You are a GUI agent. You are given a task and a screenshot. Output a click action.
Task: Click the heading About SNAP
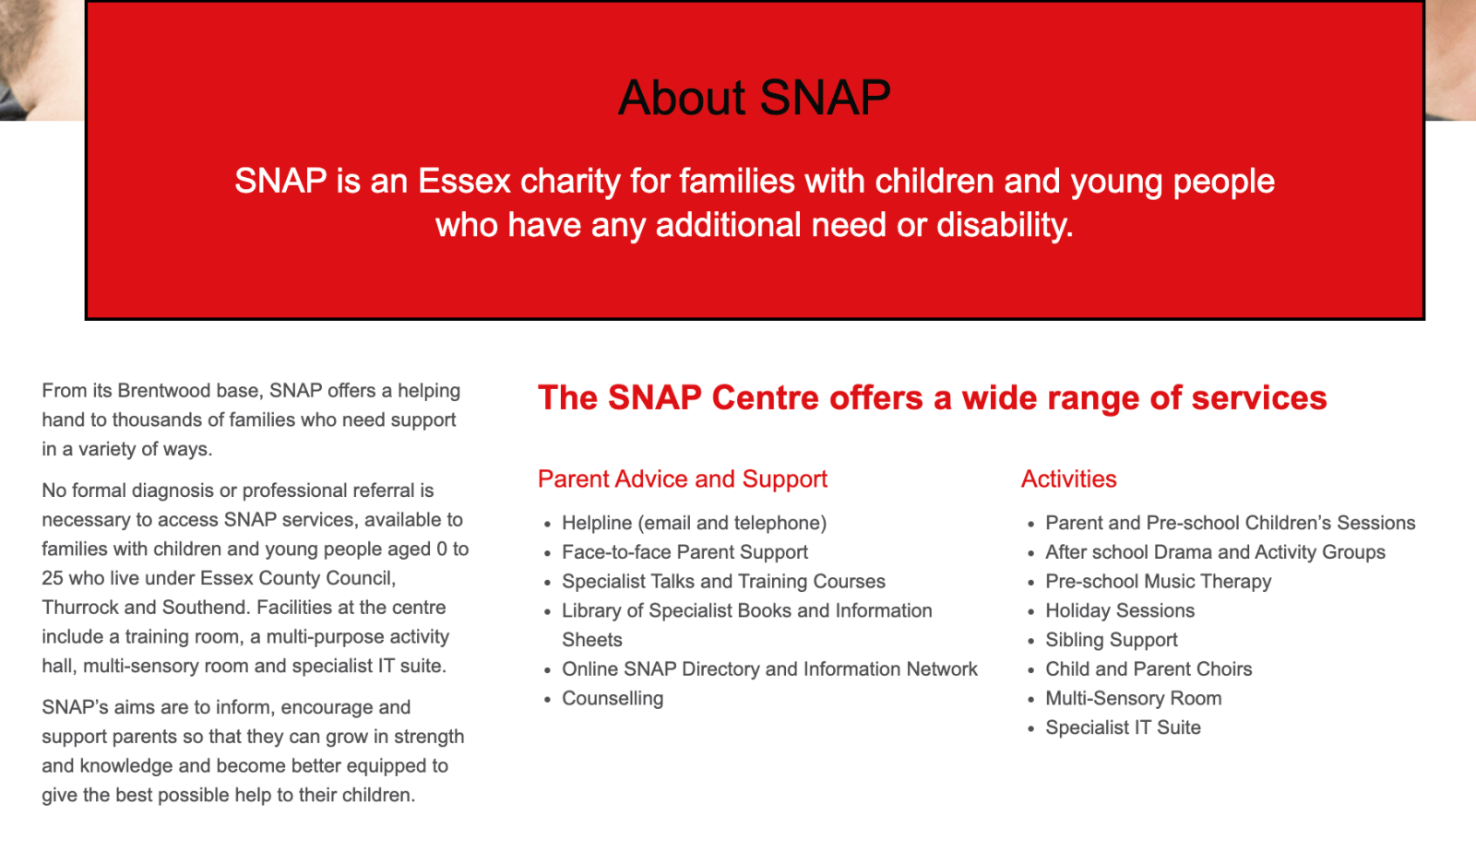click(x=755, y=98)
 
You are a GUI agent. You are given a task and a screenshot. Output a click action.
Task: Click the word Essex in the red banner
click(x=464, y=181)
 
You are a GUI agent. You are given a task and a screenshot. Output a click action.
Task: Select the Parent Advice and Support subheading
click(x=682, y=479)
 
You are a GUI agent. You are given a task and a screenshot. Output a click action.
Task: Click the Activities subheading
click(x=1069, y=479)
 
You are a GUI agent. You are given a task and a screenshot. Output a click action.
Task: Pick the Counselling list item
click(x=613, y=698)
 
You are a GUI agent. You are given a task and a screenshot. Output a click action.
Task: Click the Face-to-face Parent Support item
click(x=684, y=552)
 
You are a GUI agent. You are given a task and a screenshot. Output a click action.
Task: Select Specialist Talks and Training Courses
click(x=723, y=581)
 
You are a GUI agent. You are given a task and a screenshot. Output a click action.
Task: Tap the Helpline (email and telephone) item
click(x=694, y=523)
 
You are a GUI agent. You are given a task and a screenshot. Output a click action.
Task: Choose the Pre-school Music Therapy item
click(x=1159, y=581)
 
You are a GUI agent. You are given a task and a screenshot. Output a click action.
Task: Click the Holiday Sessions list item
click(x=1120, y=610)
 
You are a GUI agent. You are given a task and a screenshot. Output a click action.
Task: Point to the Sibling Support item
click(x=1111, y=640)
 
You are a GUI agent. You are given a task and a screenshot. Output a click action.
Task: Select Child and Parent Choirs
click(x=1149, y=668)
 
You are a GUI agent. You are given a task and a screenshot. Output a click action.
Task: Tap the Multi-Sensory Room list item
click(x=1134, y=698)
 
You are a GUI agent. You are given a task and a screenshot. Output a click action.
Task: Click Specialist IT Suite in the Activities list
click(x=1123, y=727)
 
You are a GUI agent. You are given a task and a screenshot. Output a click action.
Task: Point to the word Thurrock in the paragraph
click(x=80, y=608)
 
